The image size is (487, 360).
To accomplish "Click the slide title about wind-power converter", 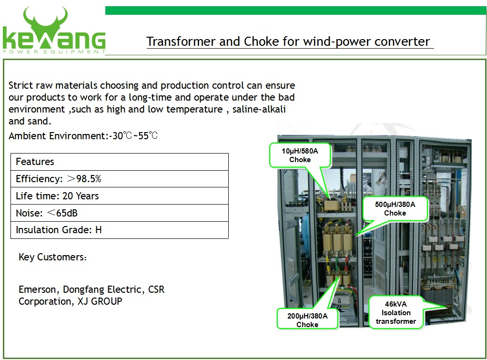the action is coord(288,41).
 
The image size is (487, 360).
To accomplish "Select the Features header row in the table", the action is coord(120,162).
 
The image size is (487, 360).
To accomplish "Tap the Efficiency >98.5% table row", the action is coord(120,179).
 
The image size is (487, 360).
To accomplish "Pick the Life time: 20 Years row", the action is coord(120,196).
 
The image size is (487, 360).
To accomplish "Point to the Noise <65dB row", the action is coord(120,213).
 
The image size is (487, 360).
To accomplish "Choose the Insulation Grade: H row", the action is coord(120,230).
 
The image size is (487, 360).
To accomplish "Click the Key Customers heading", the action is coord(52,257).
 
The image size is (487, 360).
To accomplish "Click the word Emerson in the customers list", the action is coord(37,289).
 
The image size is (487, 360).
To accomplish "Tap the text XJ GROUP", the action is coord(100,301).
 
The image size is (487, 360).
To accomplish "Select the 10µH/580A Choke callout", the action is coord(300,155).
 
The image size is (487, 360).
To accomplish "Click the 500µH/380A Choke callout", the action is coord(395,208).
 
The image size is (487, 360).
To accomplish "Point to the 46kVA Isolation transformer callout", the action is coord(396,312).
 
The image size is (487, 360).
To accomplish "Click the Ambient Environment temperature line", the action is coord(83,136).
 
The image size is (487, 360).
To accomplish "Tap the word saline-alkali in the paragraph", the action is coord(259,109).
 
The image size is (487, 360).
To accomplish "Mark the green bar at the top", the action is coord(295,10).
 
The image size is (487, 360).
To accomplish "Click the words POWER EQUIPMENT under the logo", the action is coord(54,51).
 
